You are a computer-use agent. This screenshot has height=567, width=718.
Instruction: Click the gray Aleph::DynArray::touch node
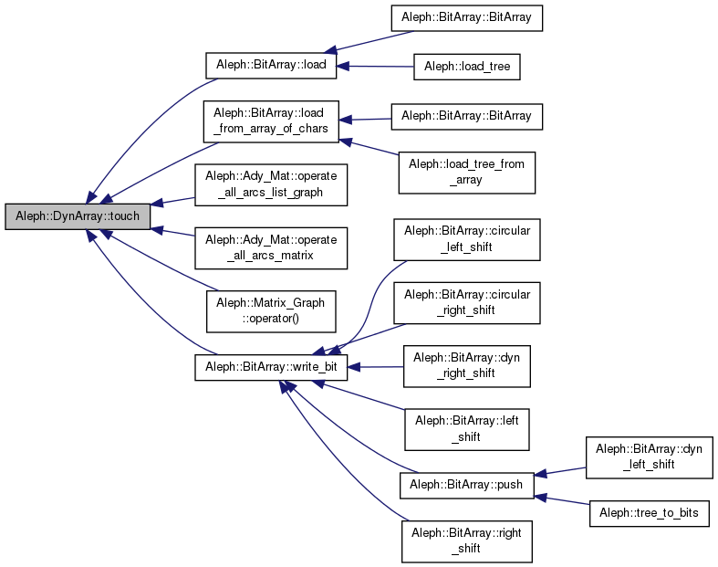coord(72,217)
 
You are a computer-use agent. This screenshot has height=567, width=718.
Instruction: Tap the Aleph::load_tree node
coord(466,66)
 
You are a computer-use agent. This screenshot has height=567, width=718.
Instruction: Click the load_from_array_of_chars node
coord(271,121)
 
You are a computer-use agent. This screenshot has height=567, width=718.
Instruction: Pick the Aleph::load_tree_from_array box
coord(466,172)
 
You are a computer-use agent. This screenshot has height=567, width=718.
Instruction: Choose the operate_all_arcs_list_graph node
coord(271,184)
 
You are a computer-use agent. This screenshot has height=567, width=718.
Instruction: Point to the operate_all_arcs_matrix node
coord(271,247)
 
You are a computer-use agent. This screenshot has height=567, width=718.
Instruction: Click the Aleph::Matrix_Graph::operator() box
coord(271,310)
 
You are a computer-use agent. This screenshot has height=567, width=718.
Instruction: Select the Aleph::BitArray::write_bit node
coord(271,366)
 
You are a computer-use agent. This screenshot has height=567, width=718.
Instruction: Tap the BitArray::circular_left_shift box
coord(466,239)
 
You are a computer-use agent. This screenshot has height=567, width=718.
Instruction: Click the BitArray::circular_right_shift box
coord(466,302)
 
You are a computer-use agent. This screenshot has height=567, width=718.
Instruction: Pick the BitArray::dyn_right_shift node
coord(466,365)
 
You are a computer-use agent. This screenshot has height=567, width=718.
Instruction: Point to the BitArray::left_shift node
coord(466,428)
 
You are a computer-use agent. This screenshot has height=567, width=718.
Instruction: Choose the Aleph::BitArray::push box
coord(466,484)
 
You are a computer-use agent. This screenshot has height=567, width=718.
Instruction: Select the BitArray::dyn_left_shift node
coord(649,457)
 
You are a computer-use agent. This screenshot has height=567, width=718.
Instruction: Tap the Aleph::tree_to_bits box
coord(649,512)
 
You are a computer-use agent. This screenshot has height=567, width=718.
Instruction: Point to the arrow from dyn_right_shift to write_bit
coord(376,366)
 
